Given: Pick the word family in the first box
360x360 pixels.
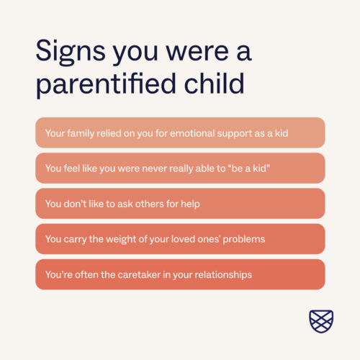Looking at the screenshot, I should click(x=81, y=133).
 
